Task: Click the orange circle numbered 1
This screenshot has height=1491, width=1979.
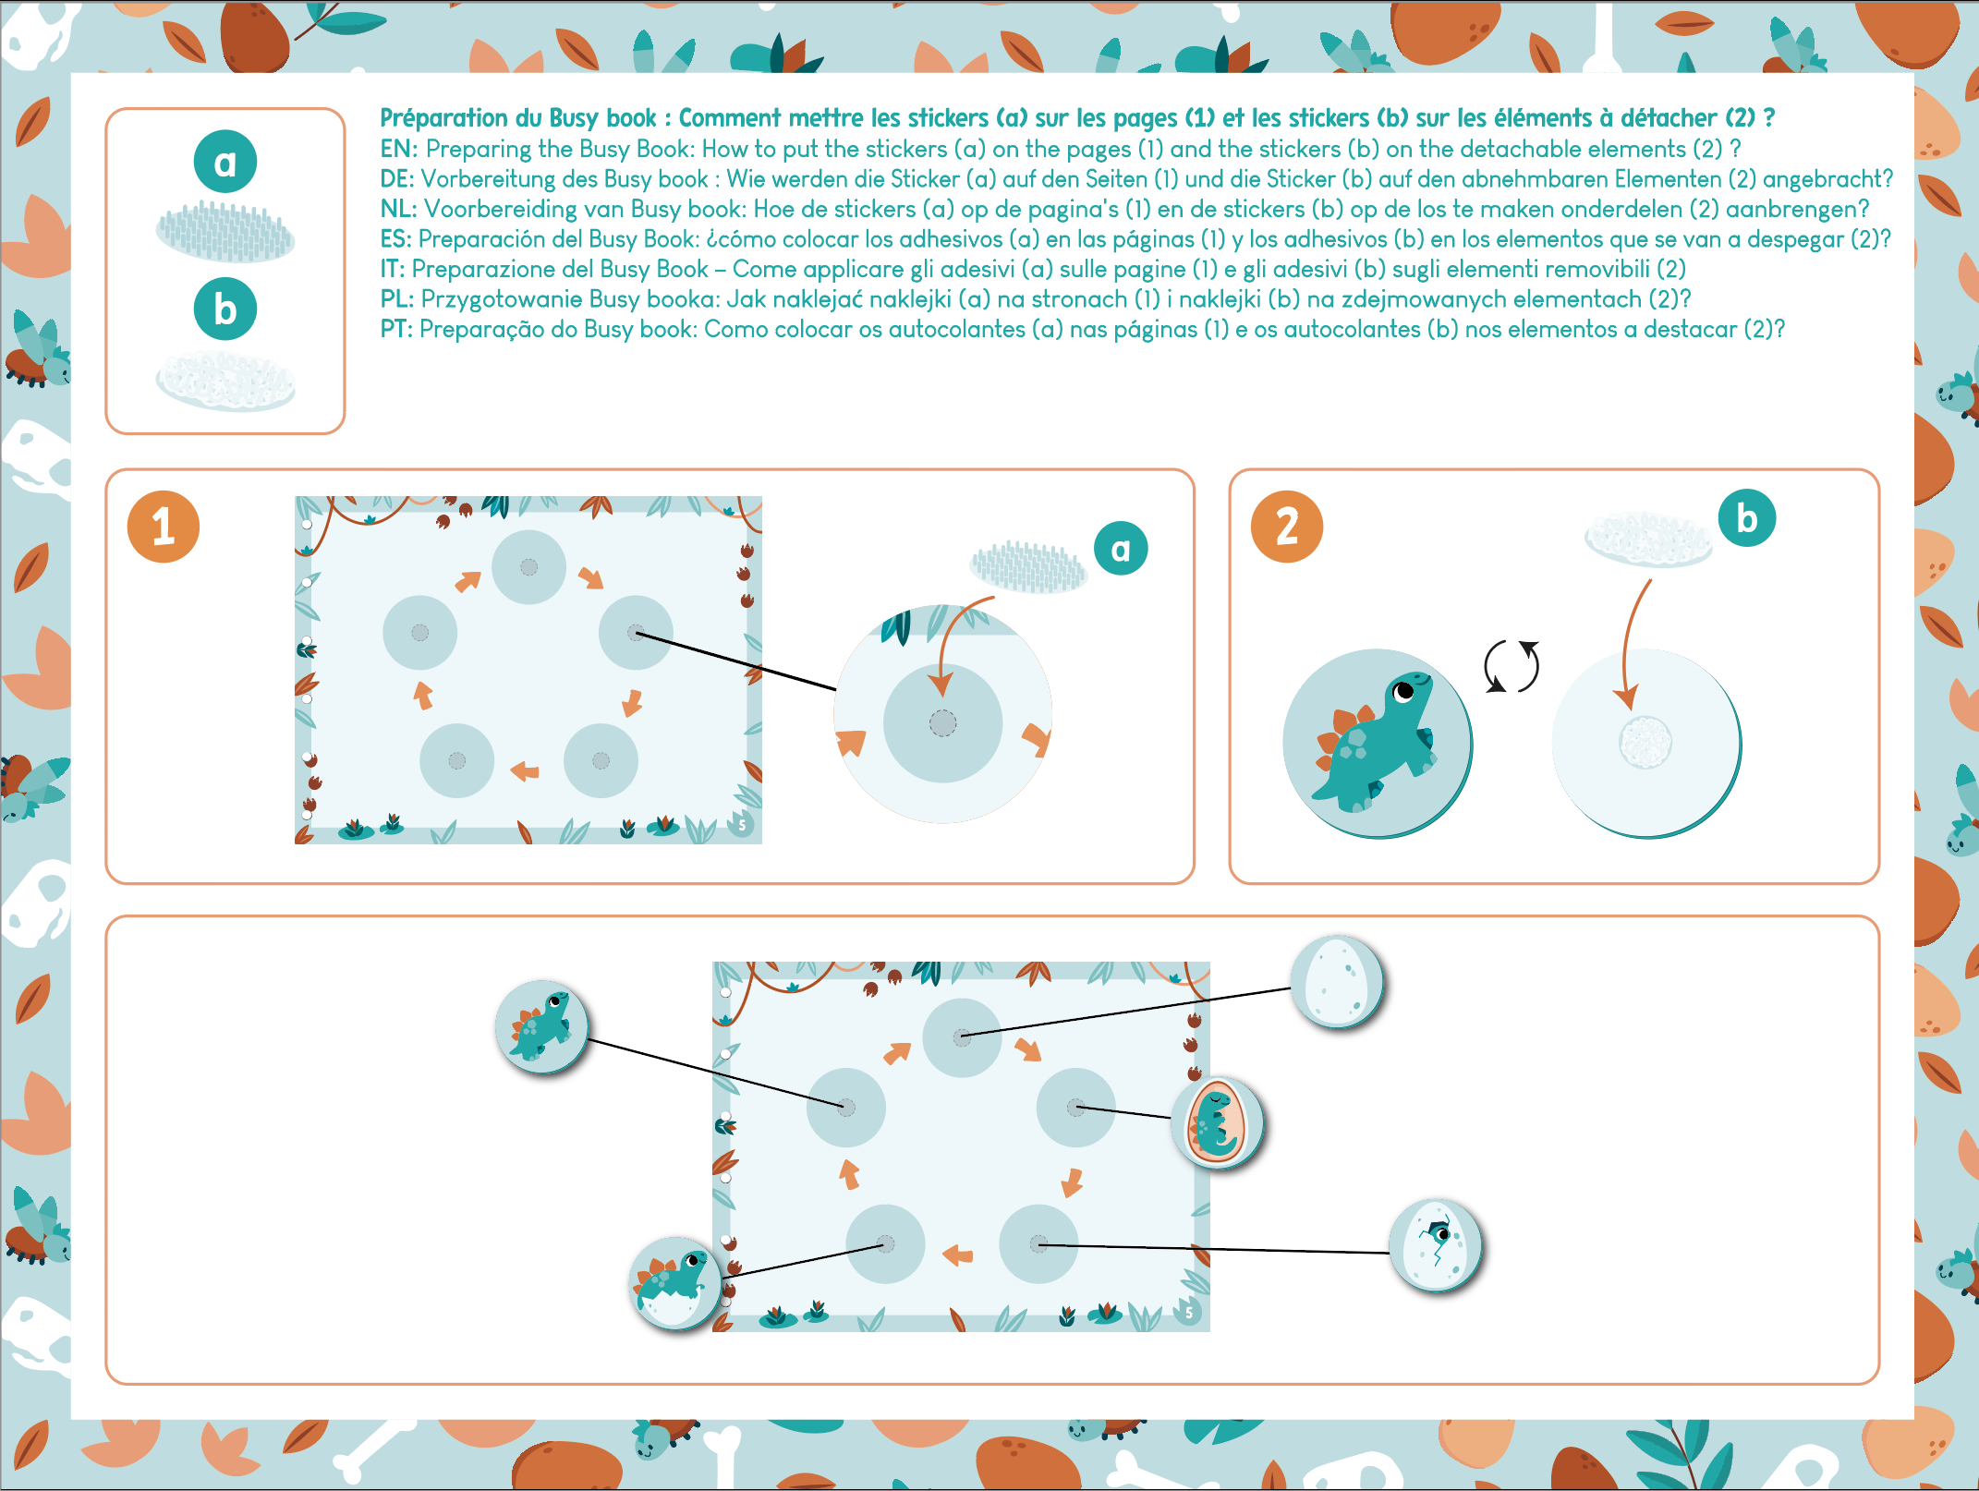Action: pos(164,527)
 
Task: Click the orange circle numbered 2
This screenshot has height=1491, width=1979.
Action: pos(1287,527)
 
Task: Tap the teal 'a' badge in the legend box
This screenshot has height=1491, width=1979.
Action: pos(225,162)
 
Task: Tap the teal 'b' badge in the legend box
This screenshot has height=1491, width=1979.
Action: pos(225,309)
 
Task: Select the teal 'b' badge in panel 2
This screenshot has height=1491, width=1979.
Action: pos(1747,517)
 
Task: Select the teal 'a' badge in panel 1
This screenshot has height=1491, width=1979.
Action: pos(1121,548)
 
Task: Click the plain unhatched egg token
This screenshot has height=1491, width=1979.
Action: pos(1337,982)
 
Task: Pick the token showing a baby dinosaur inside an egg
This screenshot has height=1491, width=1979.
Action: pos(1218,1123)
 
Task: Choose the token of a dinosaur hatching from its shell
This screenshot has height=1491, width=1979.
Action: pos(675,1283)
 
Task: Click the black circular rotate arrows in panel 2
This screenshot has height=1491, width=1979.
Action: pos(1512,666)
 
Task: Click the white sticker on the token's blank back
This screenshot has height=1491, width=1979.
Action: pos(1645,742)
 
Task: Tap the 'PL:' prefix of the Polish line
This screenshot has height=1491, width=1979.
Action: pos(397,299)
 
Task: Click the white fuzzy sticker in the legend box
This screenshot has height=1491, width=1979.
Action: pos(225,380)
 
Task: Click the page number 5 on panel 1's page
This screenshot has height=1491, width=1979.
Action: pos(742,824)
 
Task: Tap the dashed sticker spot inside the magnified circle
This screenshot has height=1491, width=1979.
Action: pos(942,723)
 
